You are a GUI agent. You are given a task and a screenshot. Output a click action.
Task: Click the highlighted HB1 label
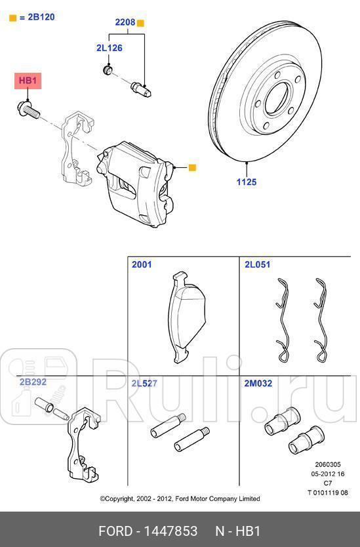[x=29, y=81]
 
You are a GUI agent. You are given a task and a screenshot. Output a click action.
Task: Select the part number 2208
[x=125, y=22]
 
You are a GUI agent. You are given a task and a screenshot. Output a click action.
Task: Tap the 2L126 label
[x=109, y=48]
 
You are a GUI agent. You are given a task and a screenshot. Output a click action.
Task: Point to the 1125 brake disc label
[x=247, y=182]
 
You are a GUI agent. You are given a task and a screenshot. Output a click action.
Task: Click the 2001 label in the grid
[x=142, y=265]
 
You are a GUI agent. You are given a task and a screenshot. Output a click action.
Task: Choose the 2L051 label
[x=257, y=265]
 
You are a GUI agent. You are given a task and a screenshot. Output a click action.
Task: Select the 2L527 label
[x=144, y=383]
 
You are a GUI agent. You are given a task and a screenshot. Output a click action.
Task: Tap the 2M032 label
[x=258, y=383]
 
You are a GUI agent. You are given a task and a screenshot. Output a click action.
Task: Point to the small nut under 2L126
[x=109, y=69]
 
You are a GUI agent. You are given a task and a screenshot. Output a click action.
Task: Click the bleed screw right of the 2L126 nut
[x=141, y=88]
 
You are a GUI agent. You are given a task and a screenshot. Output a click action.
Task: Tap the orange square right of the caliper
[x=192, y=168]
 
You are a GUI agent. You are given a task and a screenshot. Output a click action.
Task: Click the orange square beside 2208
[x=140, y=23]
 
